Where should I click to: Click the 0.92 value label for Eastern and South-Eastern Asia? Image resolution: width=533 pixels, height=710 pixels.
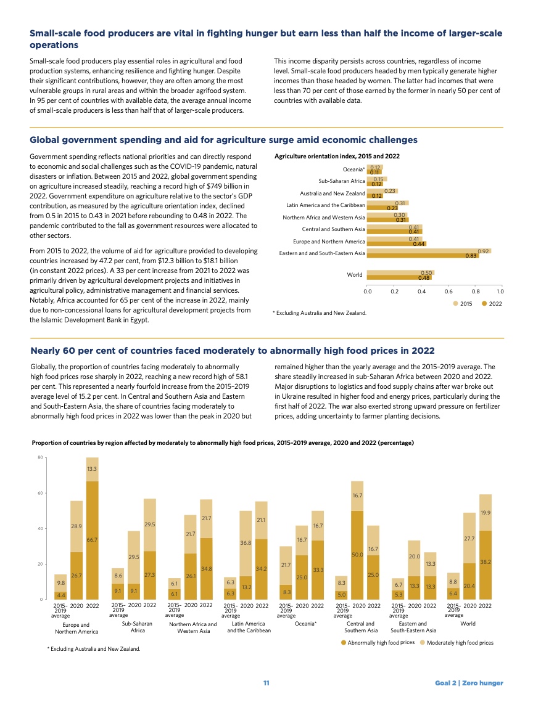coord(484,251)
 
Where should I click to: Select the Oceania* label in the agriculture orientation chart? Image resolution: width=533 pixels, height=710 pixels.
coord(353,169)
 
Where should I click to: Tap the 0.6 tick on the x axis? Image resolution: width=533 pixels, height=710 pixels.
coord(448,290)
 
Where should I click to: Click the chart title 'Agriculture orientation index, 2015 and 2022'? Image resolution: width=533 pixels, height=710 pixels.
coord(337,157)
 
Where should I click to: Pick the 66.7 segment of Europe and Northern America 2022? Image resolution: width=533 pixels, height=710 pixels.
coord(93,540)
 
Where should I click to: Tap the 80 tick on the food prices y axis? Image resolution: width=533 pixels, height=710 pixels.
coord(39,457)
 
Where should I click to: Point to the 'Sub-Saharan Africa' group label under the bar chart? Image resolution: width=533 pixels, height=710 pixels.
coord(138,627)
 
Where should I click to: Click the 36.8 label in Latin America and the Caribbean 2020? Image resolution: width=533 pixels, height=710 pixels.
coord(246,543)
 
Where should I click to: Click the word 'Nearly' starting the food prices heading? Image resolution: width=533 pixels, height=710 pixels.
coord(47,351)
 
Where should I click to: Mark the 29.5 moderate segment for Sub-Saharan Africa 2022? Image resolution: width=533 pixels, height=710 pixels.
coord(149,524)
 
